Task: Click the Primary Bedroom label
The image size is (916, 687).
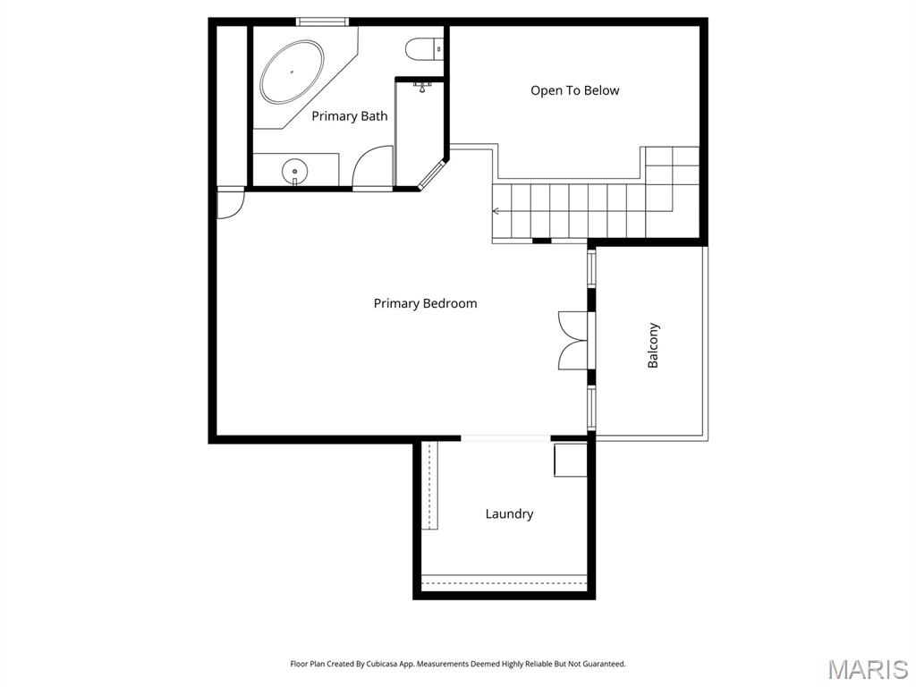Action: coord(425,303)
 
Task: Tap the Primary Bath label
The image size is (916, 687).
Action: coord(349,116)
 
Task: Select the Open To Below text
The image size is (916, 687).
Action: coord(574,90)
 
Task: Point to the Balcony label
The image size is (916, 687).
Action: coord(653,345)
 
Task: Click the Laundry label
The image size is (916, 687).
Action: coord(509,514)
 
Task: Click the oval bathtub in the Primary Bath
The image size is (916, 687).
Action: coord(292,72)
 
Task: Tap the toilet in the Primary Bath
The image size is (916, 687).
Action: coord(420,47)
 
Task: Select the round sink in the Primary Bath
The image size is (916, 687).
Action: coord(294,169)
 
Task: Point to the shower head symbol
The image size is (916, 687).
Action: coord(423,87)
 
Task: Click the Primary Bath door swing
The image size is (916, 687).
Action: coord(369,170)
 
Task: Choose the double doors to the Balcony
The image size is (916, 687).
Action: coord(572,340)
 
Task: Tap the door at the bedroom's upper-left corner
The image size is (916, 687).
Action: coord(229,203)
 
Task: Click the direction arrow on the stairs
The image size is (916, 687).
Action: coord(496,212)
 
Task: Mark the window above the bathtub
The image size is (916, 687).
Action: coord(322,21)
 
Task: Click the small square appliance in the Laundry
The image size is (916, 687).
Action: coord(569,460)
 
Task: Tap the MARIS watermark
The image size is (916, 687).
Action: coord(867,669)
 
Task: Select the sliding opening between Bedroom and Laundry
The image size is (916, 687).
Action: coord(505,438)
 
